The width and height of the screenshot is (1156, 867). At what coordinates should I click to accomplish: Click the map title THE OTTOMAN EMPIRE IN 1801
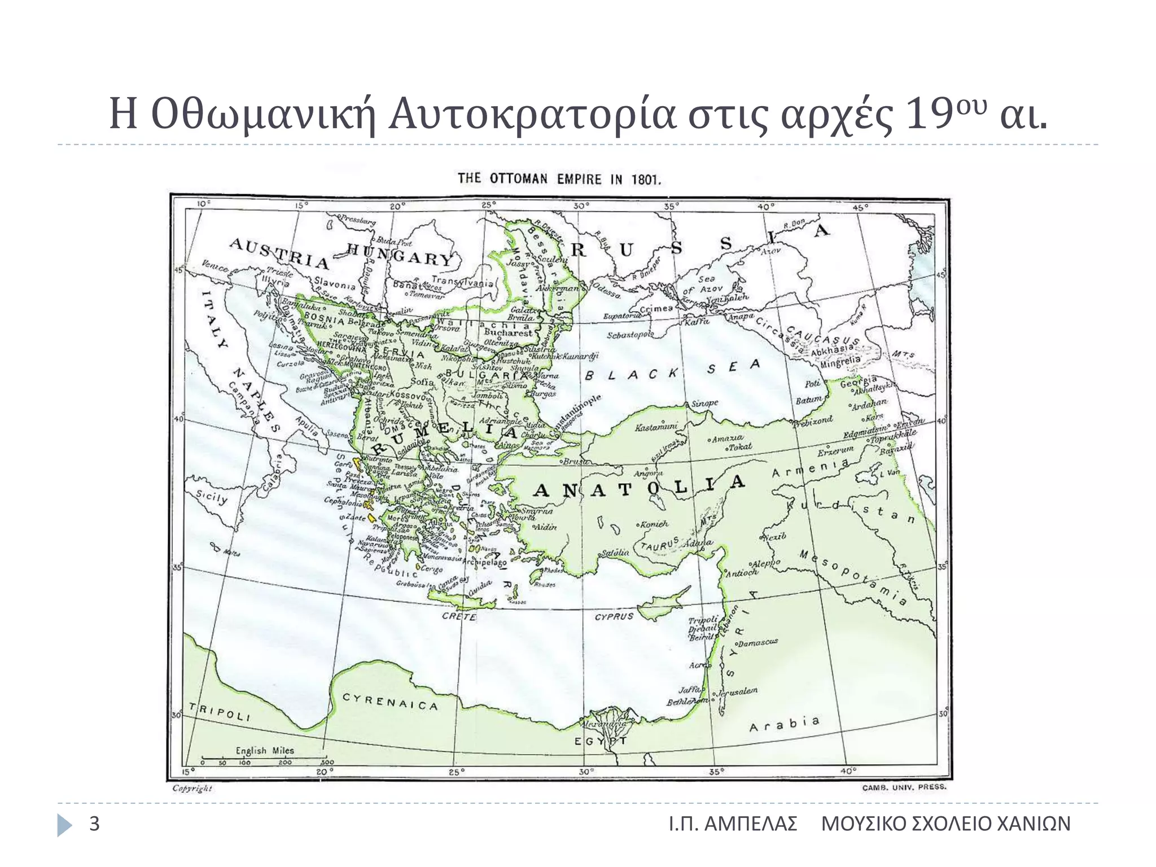(558, 179)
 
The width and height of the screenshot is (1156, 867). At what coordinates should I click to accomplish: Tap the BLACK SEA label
(672, 370)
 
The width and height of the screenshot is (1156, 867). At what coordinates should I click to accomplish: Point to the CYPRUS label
(614, 616)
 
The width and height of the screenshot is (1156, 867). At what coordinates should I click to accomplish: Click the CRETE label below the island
(459, 616)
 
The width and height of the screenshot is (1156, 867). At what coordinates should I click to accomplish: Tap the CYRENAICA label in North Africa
(390, 702)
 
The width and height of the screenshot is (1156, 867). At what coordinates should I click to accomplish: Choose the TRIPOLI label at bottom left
(219, 712)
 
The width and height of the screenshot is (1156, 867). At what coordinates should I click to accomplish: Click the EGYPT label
(601, 741)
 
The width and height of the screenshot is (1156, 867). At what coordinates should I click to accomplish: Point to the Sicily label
(212, 498)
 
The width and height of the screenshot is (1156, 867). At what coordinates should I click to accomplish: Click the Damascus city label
(758, 642)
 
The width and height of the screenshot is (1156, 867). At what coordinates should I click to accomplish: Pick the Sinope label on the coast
(704, 403)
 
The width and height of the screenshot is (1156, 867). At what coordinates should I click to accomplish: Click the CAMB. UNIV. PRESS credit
(904, 787)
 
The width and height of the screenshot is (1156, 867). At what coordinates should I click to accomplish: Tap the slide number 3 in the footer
(94, 824)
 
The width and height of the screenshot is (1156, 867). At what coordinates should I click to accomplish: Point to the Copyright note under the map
(192, 788)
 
